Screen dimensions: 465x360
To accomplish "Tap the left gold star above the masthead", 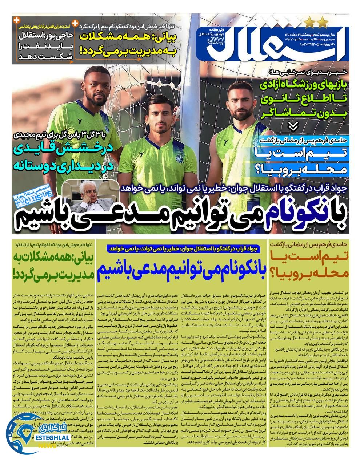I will [x=309, y=23].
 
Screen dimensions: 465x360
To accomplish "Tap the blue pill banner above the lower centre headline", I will [x=181, y=248].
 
